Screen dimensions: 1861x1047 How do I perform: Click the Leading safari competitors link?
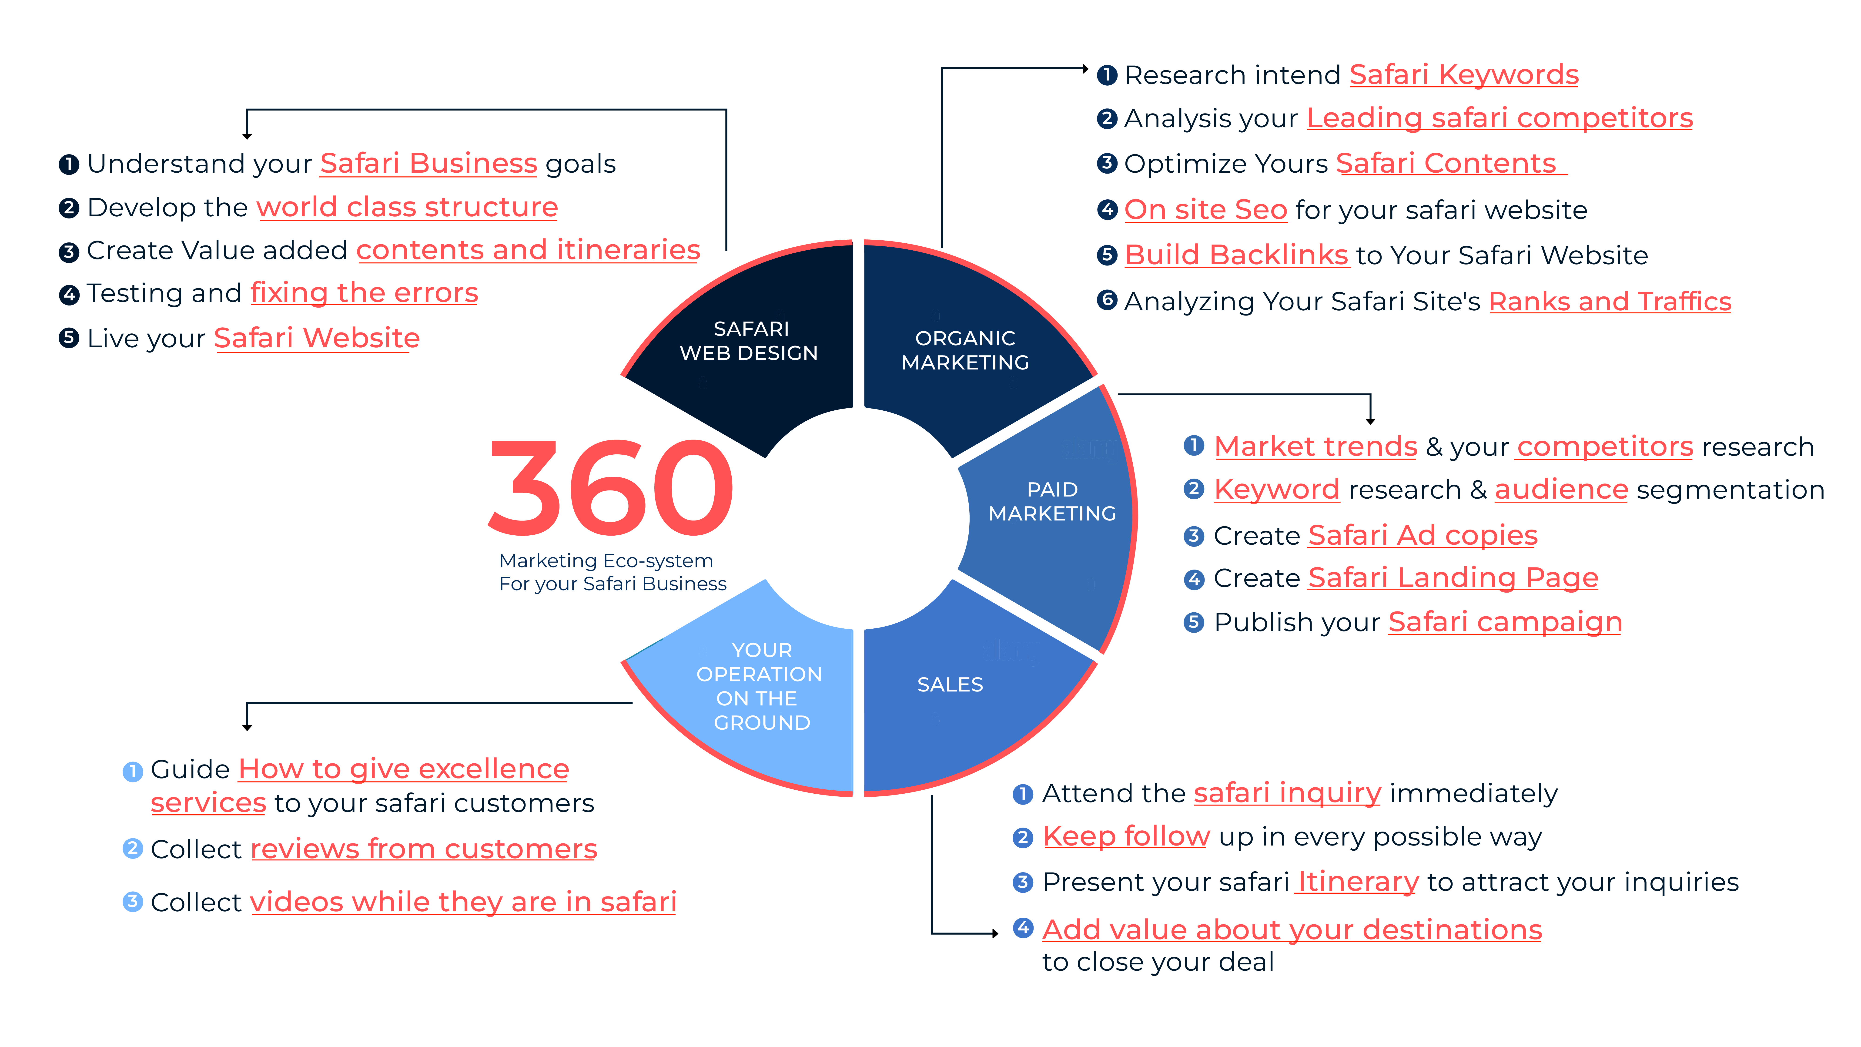point(1500,118)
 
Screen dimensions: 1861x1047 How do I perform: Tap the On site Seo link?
point(1206,210)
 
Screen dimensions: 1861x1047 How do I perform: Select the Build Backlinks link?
point(1237,255)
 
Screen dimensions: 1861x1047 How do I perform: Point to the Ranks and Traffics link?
point(1610,301)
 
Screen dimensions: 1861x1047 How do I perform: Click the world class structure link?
point(408,207)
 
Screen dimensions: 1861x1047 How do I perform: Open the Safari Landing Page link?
point(1453,578)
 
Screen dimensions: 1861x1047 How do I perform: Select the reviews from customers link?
point(423,849)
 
